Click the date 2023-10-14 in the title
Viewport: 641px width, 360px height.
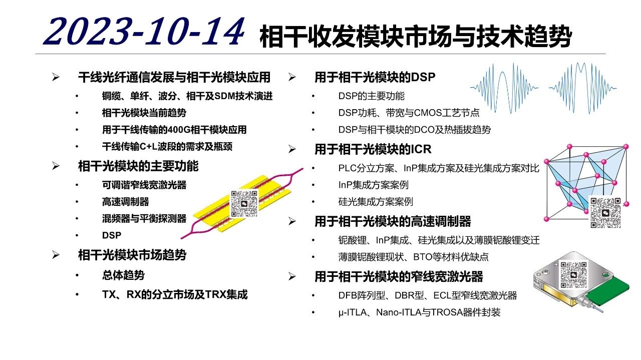pyautogui.click(x=144, y=32)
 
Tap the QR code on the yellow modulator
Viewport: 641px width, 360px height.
pyautogui.click(x=244, y=203)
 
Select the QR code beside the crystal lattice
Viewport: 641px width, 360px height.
pyautogui.click(x=605, y=212)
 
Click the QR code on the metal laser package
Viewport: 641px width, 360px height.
pyautogui.click(x=573, y=275)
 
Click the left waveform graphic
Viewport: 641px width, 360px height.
pyautogui.click(x=504, y=88)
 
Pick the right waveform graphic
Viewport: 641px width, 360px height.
pyautogui.click(x=582, y=88)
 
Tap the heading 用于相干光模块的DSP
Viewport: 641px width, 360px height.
pyautogui.click(x=375, y=77)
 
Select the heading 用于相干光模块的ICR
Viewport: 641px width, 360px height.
pyautogui.click(x=373, y=149)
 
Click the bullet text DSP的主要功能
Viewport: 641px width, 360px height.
pyautogui.click(x=371, y=96)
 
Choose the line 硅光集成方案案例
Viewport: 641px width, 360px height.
pyautogui.click(x=376, y=202)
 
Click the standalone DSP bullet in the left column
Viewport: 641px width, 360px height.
pyautogui.click(x=112, y=235)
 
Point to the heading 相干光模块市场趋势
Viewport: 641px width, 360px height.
pyautogui.click(x=132, y=255)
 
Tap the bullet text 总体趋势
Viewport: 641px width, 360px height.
pyautogui.click(x=123, y=275)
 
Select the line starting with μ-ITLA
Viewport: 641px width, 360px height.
pyautogui.click(x=419, y=312)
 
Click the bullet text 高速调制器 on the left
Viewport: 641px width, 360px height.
pyautogui.click(x=125, y=202)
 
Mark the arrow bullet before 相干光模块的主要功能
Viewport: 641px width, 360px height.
pyautogui.click(x=56, y=166)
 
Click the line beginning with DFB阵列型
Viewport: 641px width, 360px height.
pyautogui.click(x=428, y=295)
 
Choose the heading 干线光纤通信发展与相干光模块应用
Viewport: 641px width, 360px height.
pyautogui.click(x=174, y=77)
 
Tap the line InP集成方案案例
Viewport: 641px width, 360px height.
pyautogui.click(x=373, y=185)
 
